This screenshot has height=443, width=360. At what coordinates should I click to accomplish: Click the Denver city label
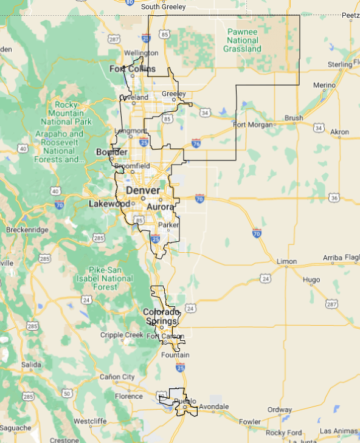pos(143,191)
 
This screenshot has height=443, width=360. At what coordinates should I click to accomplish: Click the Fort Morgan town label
pos(251,125)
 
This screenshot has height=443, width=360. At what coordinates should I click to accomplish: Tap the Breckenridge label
pos(26,230)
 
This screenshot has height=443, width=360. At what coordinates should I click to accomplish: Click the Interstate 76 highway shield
pos(195,143)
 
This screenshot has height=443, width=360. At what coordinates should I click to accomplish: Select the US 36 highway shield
pos(334,197)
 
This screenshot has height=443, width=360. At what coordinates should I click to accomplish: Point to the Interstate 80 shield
pos(130,2)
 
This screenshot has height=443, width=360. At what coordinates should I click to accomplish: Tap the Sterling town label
pos(340,64)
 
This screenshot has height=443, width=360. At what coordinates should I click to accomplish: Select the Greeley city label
pos(173,93)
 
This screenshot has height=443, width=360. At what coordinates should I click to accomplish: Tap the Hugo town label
pos(311,280)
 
